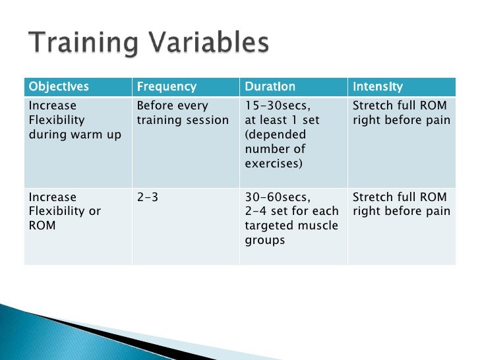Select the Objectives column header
pos(58,87)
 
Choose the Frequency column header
pos(166,87)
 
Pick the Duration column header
pos(270,87)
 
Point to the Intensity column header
pos(378,87)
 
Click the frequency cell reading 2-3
pos(147,197)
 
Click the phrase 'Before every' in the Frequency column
pos(172,105)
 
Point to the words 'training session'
pos(183,120)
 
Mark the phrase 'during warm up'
pos(70,135)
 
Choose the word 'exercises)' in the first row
pos(274,163)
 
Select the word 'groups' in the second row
pos(265,240)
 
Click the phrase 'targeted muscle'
pos(291,225)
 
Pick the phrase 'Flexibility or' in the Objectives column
pos(64,211)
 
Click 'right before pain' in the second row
pos(402,211)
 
